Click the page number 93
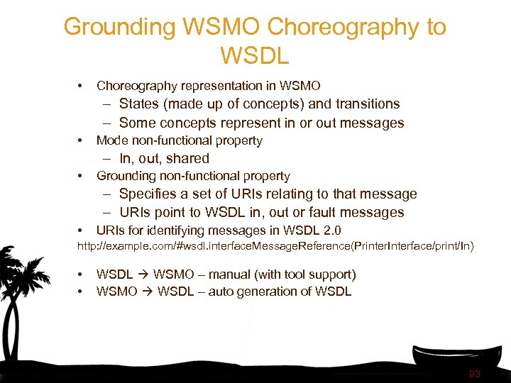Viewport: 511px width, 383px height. (475, 374)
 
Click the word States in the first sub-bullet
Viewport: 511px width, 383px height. (139, 104)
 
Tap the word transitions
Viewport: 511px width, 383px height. (366, 104)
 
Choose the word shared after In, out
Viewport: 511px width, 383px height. (186, 159)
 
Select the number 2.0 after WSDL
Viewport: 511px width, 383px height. (332, 231)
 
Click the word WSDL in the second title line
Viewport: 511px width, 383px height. (255, 55)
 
